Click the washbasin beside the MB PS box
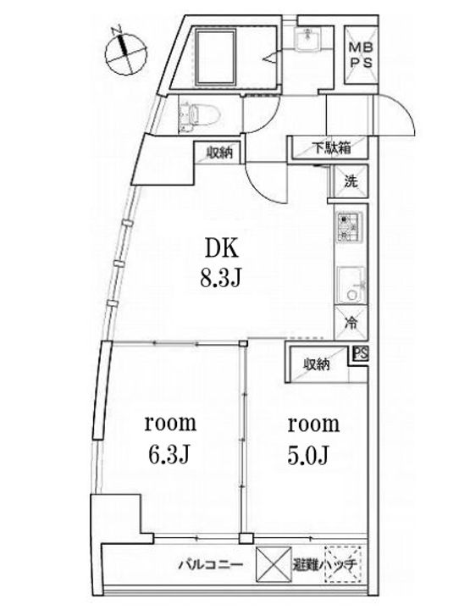pos(307,43)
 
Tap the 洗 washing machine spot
pos(351,180)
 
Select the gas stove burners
pos(347,227)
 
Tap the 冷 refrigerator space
pos(350,323)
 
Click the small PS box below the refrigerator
pos(362,355)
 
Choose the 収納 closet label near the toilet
pos(219,153)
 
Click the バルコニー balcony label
pos(212,563)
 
